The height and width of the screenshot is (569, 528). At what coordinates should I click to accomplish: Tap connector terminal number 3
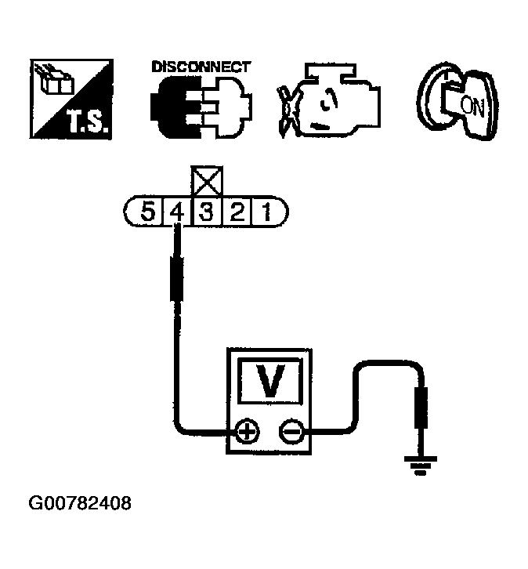pos(206,212)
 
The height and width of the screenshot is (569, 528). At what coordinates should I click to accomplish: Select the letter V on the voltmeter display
pos(270,382)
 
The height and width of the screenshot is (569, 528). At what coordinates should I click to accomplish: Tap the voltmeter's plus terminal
pos(247,430)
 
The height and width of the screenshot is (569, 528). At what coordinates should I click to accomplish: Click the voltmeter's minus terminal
pos(291,430)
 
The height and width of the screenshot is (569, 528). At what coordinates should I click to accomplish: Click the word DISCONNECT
pos(200,67)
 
